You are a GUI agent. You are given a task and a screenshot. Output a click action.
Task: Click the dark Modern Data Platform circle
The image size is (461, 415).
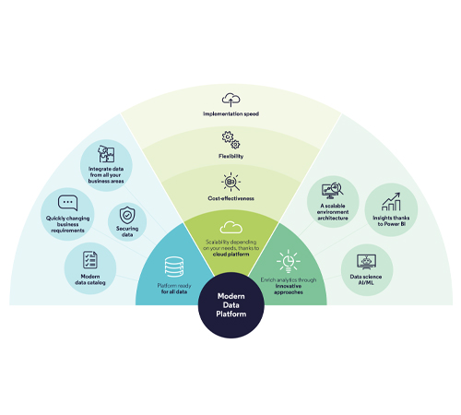coord(231,305)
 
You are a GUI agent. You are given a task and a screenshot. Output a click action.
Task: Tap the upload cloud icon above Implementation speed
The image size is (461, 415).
coord(231,100)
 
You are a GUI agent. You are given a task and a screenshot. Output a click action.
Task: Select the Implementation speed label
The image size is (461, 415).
coord(231,113)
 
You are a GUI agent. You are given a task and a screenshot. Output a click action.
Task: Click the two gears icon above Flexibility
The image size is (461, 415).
coord(231,140)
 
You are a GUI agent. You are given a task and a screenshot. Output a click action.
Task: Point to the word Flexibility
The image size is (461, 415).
coord(231,156)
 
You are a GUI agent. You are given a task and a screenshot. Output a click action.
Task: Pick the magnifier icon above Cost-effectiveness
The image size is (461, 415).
coord(231,182)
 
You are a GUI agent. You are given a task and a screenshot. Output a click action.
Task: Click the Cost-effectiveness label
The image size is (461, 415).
coord(231,198)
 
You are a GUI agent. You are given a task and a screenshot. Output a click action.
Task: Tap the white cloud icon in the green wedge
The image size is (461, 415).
coord(231,228)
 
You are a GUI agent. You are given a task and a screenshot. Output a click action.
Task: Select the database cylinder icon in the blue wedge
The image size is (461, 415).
coord(174,267)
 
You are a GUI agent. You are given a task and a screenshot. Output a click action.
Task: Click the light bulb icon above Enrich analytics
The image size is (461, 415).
coord(289,261)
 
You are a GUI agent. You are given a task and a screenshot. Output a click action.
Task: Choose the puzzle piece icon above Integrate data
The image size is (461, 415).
coord(106,154)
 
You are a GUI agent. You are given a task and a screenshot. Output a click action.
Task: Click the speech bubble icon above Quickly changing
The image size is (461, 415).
coord(67,203)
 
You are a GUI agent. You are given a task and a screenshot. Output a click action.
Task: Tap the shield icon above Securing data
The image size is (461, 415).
coord(127,215)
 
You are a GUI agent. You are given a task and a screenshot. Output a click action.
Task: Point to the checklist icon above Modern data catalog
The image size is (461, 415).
coord(90,260)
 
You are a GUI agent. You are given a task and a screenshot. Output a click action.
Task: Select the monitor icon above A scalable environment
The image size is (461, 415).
coord(333,191)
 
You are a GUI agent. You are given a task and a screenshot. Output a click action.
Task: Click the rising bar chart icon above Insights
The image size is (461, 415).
coord(391,202)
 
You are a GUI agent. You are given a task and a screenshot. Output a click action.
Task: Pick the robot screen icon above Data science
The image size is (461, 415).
coord(366,262)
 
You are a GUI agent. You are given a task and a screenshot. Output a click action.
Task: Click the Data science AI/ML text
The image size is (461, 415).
coord(366,279)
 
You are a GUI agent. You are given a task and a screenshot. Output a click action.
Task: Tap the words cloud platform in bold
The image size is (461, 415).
coord(231,255)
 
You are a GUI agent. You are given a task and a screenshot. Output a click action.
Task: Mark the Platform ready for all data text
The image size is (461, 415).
coord(174,289)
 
